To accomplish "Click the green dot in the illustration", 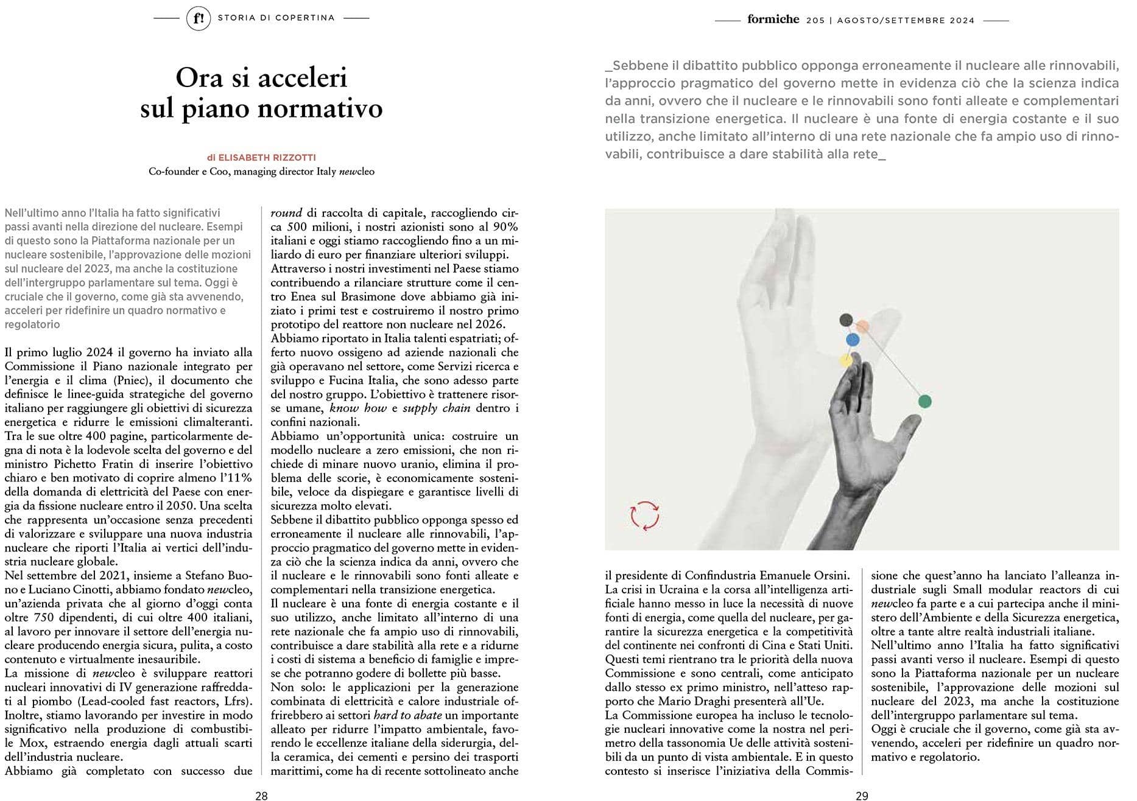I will pyautogui.click(x=924, y=402).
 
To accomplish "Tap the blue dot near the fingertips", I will pyautogui.click(x=853, y=340).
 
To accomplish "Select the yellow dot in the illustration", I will pyautogui.click(x=846, y=360).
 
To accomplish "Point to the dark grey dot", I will pyautogui.click(x=845, y=320).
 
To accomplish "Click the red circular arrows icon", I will pyautogui.click(x=644, y=515).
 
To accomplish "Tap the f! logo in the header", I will pyautogui.click(x=198, y=18).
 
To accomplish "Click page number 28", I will pyautogui.click(x=261, y=795).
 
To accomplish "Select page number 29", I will pyautogui.click(x=862, y=795).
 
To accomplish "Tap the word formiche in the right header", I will pyautogui.click(x=773, y=19).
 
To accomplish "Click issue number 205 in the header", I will pyautogui.click(x=815, y=20).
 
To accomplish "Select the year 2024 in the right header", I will pyautogui.click(x=961, y=20).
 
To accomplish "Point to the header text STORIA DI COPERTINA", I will pyautogui.click(x=276, y=18).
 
